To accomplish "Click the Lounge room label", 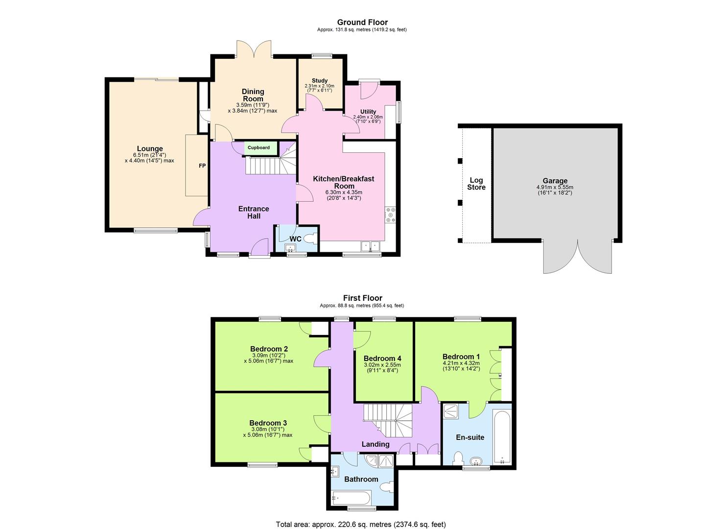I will tap(149, 149).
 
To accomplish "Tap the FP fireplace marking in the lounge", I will tap(202, 166).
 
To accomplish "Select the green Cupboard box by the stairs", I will tap(258, 147).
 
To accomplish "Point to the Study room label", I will tap(320, 81).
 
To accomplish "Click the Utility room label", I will tap(368, 112).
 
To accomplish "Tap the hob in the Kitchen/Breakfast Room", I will tap(391, 215).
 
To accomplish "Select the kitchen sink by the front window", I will tap(371, 246).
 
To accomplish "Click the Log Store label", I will tap(476, 184).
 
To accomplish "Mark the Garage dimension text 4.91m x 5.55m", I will tap(555, 187).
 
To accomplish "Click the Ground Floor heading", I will tap(362, 22).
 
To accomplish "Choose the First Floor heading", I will tap(362, 298).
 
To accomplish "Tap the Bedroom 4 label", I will tap(382, 359).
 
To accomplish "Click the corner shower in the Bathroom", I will tap(385, 461).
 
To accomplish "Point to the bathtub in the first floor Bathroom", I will tap(352, 498).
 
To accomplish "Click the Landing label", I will tap(375, 444).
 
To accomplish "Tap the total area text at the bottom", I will tap(361, 525).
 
